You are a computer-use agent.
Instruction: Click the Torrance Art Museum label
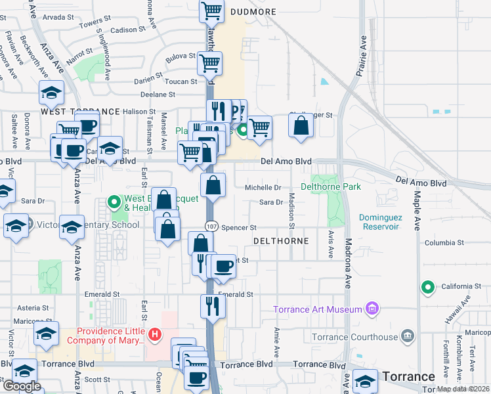point(318,309)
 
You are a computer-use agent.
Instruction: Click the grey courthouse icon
point(408,337)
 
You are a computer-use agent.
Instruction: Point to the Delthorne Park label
point(331,187)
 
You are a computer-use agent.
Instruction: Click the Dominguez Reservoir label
point(379,222)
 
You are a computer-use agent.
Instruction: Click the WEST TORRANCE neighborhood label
point(80,112)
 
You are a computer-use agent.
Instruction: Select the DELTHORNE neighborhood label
point(284,241)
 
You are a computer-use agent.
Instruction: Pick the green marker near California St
point(428,286)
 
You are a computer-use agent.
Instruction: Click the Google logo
point(22,386)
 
